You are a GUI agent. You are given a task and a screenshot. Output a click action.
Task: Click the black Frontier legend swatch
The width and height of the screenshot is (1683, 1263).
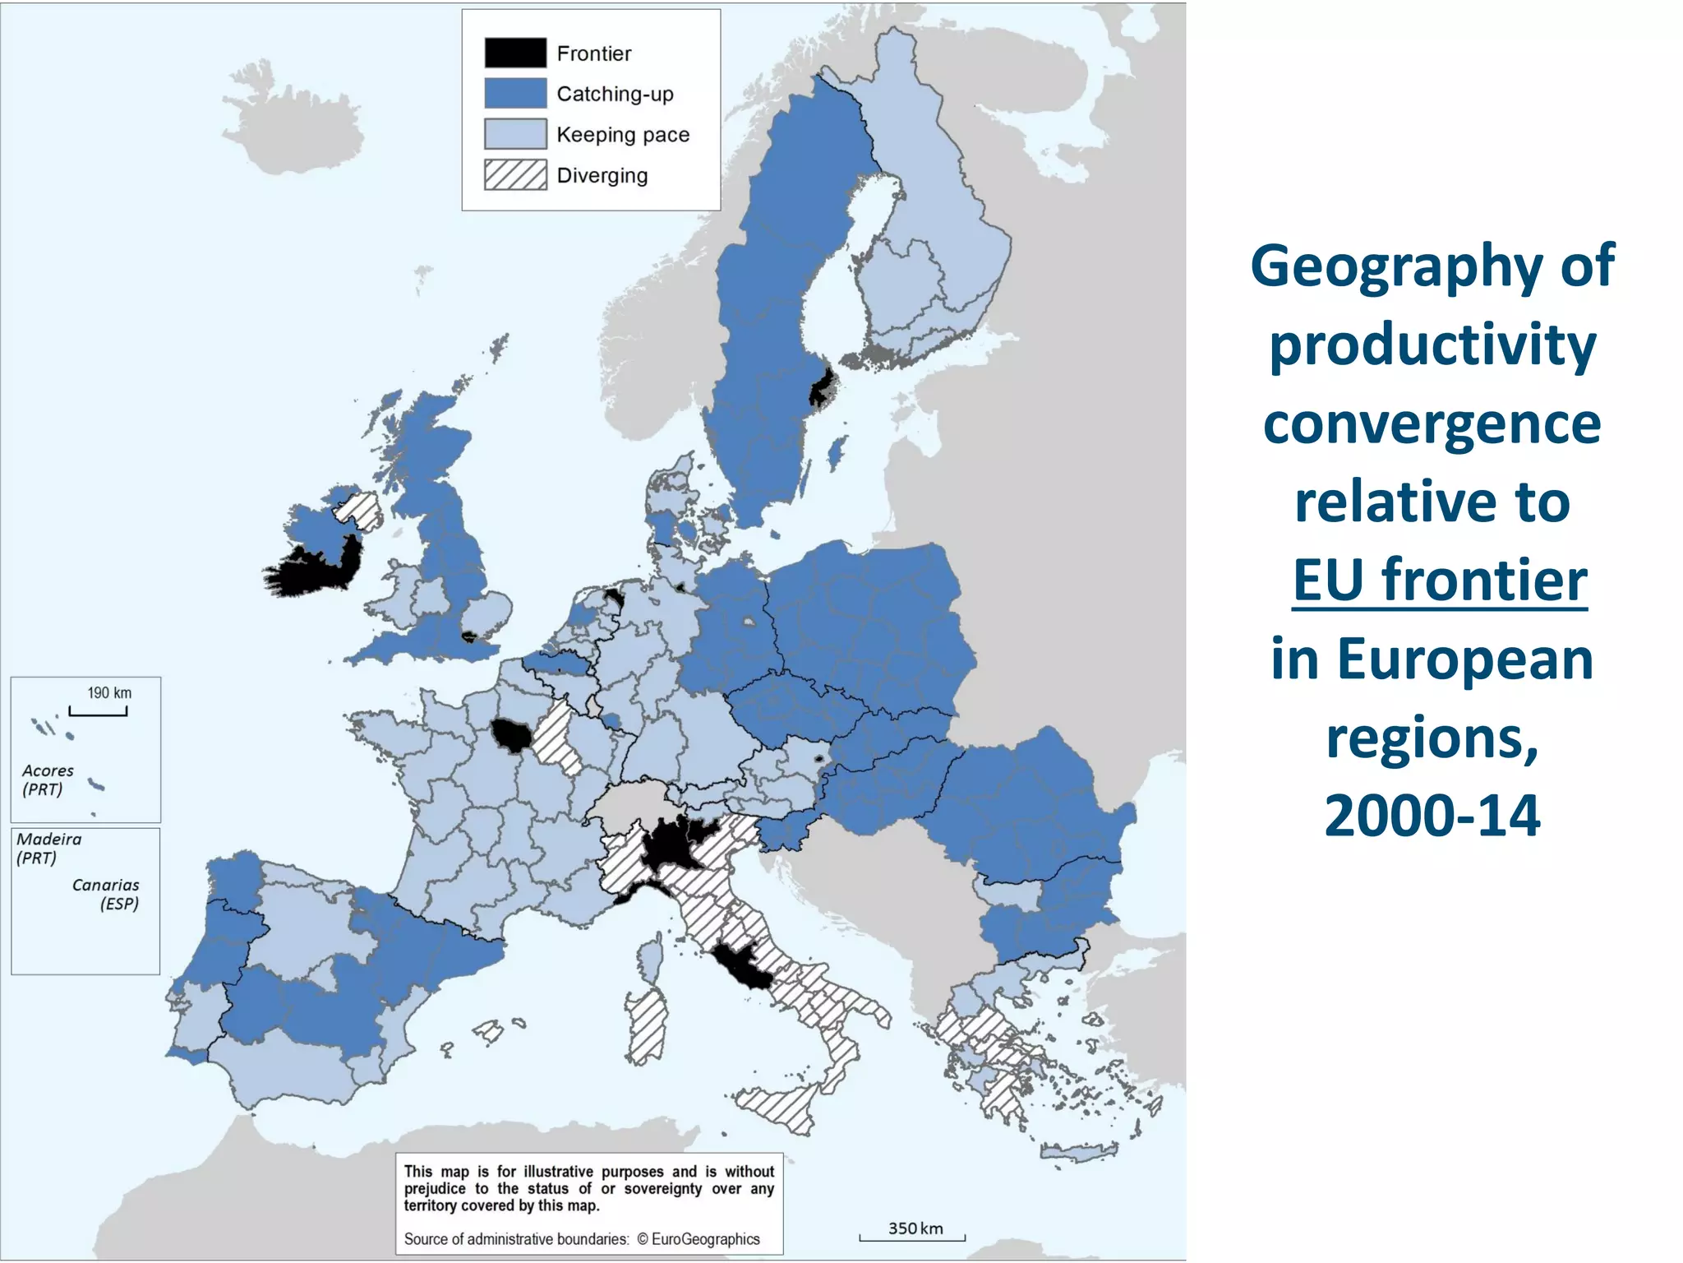[515, 53]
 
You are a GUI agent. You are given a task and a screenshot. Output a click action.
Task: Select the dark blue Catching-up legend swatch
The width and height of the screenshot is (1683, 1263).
[515, 93]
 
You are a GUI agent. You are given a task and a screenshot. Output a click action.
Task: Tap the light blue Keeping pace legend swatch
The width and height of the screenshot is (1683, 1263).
[515, 134]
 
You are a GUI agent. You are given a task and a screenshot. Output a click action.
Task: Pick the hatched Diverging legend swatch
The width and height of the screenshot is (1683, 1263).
[515, 174]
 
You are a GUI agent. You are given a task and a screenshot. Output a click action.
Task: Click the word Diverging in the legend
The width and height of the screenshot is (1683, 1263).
[602, 175]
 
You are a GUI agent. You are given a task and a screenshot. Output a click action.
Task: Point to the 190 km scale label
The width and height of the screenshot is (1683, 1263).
[109, 692]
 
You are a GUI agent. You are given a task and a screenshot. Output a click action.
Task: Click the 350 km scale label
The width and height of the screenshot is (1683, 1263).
[915, 1228]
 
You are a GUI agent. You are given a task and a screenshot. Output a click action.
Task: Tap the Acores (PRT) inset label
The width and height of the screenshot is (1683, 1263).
[47, 780]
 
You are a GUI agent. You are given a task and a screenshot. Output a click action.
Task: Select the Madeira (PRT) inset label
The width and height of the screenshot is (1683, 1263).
[48, 848]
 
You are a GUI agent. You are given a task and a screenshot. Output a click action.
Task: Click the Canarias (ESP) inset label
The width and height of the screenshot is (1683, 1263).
[106, 894]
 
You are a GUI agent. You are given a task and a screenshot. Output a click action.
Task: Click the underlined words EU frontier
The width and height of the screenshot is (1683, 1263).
[1439, 581]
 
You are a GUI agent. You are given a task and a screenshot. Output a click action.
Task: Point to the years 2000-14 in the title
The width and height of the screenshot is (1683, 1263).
[1432, 816]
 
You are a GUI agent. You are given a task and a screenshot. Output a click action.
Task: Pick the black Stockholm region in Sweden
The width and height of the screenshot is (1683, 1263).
[823, 386]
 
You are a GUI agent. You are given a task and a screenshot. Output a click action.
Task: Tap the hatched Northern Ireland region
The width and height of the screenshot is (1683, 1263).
[360, 509]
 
